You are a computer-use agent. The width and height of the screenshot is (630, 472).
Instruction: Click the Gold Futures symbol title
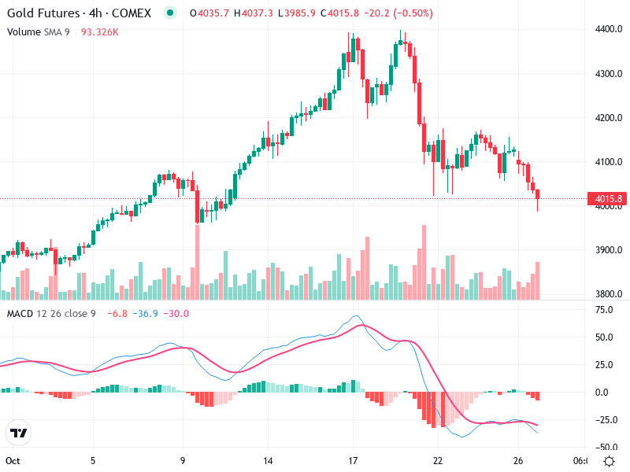[x=82, y=13]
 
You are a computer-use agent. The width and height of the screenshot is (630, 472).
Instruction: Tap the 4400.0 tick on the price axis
[x=608, y=29]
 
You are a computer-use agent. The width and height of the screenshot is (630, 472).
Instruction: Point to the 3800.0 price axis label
[x=608, y=294]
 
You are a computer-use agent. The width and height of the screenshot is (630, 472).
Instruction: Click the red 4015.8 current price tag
[x=608, y=198]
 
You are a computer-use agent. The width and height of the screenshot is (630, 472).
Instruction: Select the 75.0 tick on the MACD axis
[x=604, y=310]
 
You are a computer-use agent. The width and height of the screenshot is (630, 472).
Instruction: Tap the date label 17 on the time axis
[x=353, y=461]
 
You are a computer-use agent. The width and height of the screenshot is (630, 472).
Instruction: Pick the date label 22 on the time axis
[x=438, y=461]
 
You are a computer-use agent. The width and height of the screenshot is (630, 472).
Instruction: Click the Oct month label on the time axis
[x=12, y=461]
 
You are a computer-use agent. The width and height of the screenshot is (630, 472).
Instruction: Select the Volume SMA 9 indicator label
[x=39, y=31]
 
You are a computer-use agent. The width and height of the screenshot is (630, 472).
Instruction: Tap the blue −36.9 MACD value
[x=146, y=314]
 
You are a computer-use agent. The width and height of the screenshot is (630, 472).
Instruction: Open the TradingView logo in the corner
[x=18, y=433]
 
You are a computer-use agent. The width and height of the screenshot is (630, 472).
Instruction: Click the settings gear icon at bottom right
[x=609, y=461]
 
